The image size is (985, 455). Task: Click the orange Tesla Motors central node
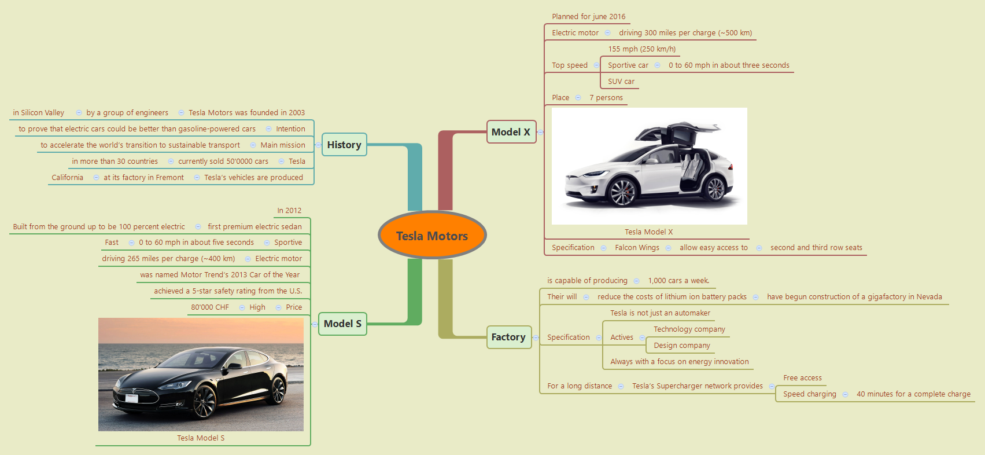pyautogui.click(x=432, y=236)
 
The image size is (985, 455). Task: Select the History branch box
pyautogui.click(x=344, y=145)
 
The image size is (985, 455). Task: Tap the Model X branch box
pyautogui.click(x=511, y=132)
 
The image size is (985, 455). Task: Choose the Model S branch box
pyautogui.click(x=342, y=324)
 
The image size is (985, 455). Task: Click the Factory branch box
pyautogui.click(x=508, y=337)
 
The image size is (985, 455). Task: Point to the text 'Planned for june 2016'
pyautogui.click(x=588, y=17)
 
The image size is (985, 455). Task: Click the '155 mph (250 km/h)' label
pyautogui.click(x=641, y=49)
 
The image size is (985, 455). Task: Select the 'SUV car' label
pyautogui.click(x=621, y=82)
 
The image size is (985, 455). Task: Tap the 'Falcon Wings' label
pyautogui.click(x=637, y=248)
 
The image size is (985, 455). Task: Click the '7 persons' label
pyautogui.click(x=606, y=98)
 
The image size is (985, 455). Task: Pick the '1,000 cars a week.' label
pyautogui.click(x=678, y=281)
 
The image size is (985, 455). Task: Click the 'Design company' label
pyautogui.click(x=681, y=346)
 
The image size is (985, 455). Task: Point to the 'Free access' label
pyautogui.click(x=802, y=378)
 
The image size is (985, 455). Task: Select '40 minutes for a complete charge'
pyautogui.click(x=913, y=394)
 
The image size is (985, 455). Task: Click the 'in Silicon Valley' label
pyautogui.click(x=38, y=113)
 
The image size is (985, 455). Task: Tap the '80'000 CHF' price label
pyautogui.click(x=210, y=307)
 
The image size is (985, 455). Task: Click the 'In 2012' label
pyautogui.click(x=289, y=211)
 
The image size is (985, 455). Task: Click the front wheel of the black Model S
pyautogui.click(x=204, y=401)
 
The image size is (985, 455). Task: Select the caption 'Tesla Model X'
pyautogui.click(x=648, y=232)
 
